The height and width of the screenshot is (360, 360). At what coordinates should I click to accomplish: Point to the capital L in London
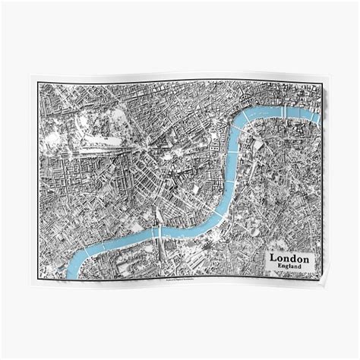(x=273, y=258)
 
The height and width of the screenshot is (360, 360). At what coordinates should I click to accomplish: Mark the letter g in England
(x=286, y=267)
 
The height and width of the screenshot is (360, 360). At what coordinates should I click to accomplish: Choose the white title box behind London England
(x=289, y=262)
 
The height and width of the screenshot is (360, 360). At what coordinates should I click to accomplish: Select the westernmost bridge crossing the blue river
(x=156, y=229)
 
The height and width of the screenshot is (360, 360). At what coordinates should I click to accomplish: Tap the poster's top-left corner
(x=32, y=75)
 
